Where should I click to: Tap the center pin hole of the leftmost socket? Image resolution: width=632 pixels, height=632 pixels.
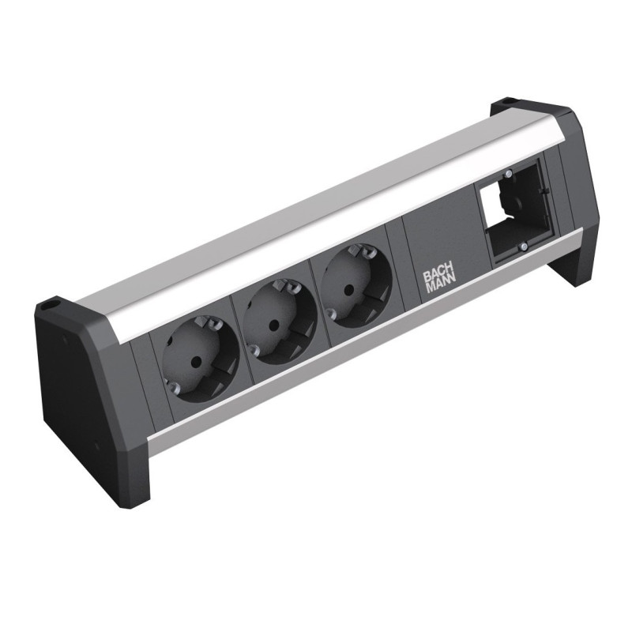[199, 360]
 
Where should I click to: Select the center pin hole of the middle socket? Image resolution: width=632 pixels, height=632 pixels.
[274, 324]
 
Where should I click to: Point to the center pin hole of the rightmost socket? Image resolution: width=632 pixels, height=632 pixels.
[347, 288]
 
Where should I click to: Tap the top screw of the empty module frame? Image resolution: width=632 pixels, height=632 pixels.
[509, 174]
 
